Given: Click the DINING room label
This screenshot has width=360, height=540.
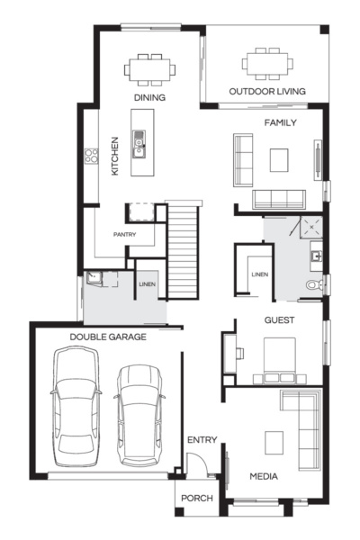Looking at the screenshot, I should click(149, 97).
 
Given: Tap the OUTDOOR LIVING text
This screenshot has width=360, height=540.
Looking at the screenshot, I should click(266, 91).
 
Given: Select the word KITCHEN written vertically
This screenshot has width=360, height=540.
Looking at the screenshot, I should click(114, 156).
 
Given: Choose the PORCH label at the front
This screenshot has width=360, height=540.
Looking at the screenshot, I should click(196, 497).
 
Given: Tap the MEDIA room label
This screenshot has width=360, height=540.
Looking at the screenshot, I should click(264, 476).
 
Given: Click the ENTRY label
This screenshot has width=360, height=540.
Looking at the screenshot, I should click(202, 440).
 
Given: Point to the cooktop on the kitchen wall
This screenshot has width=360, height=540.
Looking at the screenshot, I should click(91, 157).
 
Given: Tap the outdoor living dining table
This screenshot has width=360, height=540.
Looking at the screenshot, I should click(266, 64).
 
